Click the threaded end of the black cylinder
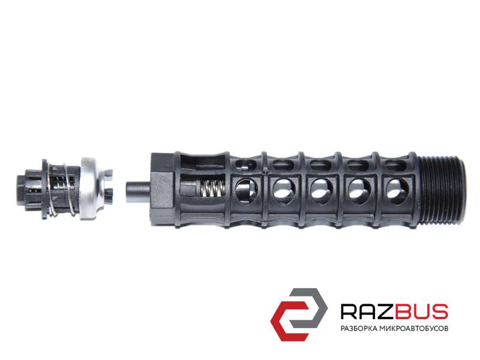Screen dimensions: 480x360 (442, 189)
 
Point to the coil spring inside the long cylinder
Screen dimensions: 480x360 (212, 188)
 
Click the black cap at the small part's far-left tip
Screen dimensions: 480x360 (22, 190)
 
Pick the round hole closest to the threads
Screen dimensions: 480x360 (397, 191)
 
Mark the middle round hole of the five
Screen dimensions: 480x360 (322, 191)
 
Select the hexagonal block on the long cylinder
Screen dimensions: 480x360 (162, 189)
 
